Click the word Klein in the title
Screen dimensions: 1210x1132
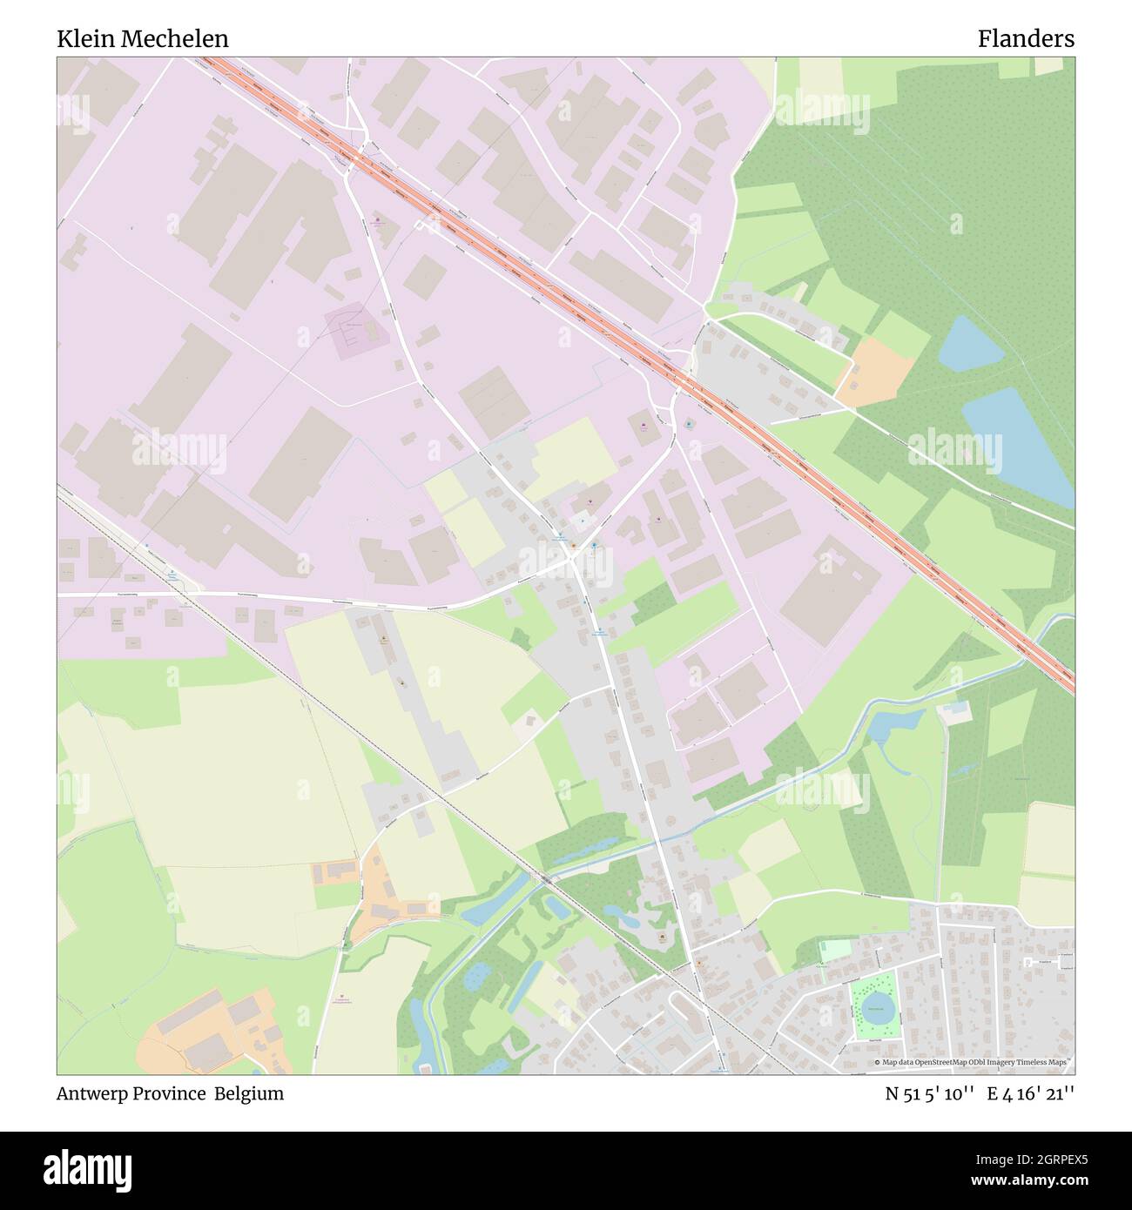pyautogui.click(x=83, y=39)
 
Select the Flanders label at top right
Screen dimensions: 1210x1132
pyautogui.click(x=1025, y=39)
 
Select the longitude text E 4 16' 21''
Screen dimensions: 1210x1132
pyautogui.click(x=1030, y=1094)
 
